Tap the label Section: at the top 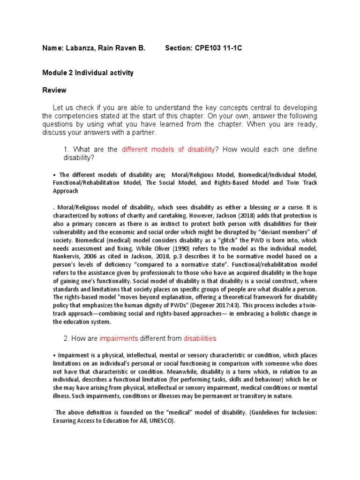click(x=179, y=48)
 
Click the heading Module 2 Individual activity click(x=88, y=73)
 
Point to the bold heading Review click(x=54, y=90)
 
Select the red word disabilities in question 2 click(x=200, y=338)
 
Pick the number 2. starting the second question click(x=66, y=338)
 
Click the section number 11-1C click(x=234, y=48)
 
